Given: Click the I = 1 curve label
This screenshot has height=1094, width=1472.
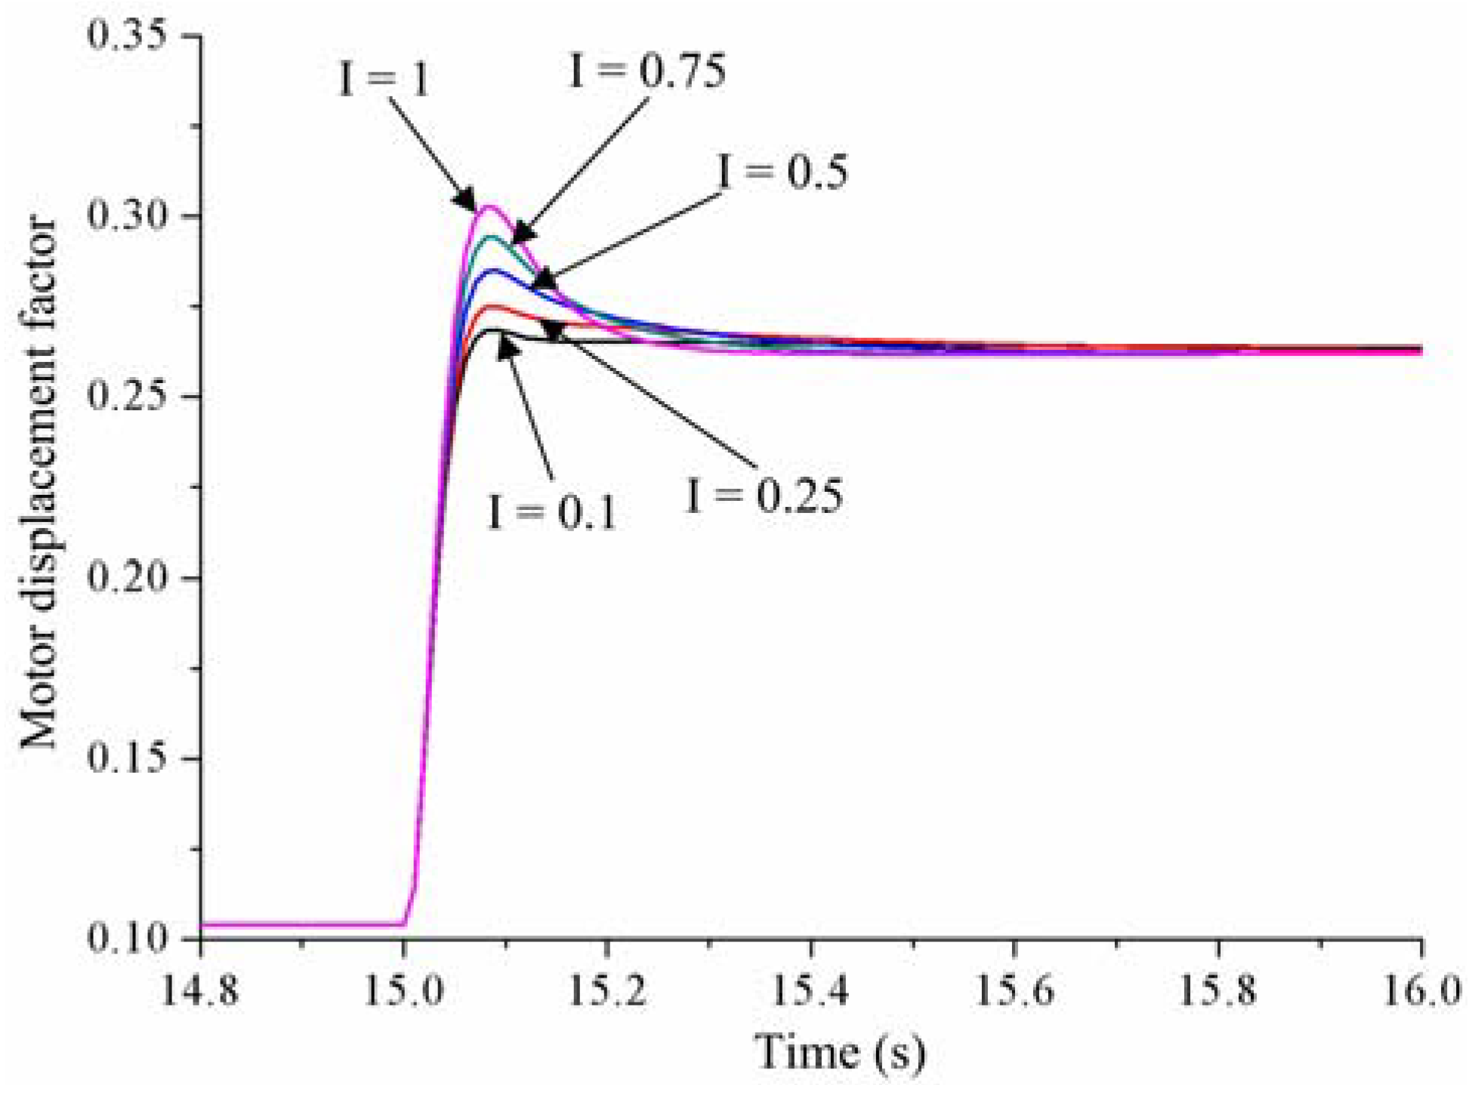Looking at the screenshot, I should pos(384,79).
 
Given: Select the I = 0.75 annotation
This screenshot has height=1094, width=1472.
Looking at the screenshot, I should pos(647,71).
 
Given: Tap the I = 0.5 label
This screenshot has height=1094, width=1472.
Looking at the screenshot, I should pos(783,172).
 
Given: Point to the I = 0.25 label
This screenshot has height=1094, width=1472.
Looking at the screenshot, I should pos(764,497).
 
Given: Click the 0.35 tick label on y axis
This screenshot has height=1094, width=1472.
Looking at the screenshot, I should pos(126,36).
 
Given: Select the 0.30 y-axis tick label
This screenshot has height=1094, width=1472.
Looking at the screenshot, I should pos(126,216).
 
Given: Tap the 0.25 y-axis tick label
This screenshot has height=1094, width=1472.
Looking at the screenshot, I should pos(126,397).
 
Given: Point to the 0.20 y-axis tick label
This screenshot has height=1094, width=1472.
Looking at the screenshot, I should pos(126,578).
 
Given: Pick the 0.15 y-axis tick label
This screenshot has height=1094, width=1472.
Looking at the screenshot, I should pos(126,758).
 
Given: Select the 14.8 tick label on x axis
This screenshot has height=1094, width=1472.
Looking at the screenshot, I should pos(200,990).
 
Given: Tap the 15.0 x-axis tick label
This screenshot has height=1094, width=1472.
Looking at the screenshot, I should pos(403,990).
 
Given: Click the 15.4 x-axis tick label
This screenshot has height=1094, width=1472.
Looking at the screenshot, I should pos(811,990).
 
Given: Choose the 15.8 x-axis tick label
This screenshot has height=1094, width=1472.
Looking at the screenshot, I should pos(1217,990).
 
